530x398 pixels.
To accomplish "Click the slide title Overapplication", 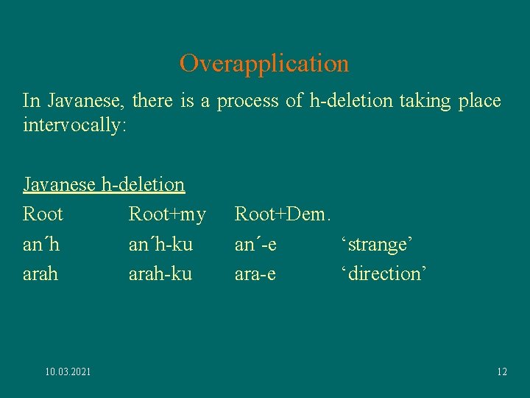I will coord(264,63).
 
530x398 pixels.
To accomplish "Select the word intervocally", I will coord(75,125).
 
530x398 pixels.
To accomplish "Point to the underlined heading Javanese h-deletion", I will coord(104,184).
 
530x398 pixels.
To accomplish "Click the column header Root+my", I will coord(167,214).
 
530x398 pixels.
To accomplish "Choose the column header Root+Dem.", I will coord(283,214).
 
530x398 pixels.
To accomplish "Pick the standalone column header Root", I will coord(43,214).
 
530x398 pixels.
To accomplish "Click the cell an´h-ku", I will coord(160,244).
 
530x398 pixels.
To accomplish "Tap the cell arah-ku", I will coord(160,273).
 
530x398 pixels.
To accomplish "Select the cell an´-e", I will coord(255,244).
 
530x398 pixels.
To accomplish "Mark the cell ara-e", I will coord(255,273).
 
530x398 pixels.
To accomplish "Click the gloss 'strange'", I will coord(375,244).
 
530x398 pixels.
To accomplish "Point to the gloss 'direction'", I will coord(383,273).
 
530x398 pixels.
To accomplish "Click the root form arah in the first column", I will coord(40,273).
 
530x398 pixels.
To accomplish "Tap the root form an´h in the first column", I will coord(41,244).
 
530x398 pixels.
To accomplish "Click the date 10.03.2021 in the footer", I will coord(68,372).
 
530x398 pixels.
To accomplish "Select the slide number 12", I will coord(501,372).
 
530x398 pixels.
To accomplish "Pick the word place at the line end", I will coord(478,100).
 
